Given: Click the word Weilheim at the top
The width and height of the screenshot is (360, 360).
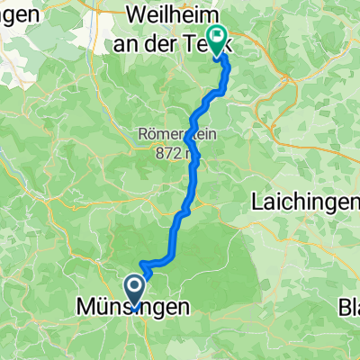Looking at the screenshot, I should (x=172, y=14).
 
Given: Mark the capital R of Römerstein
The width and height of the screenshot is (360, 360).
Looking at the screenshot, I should (x=144, y=135).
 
